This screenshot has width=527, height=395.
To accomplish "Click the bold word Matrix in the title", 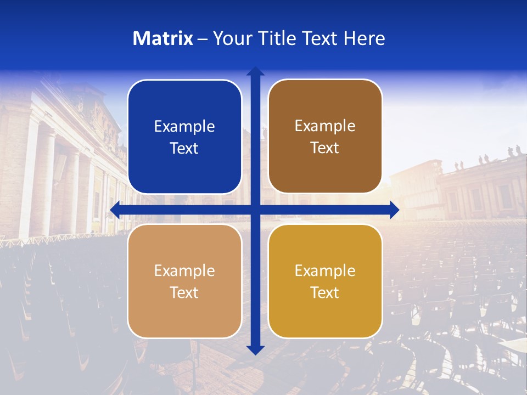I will [162, 38].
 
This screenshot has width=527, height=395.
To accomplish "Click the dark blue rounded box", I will [184, 110].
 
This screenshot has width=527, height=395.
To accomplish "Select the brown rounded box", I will [325, 110].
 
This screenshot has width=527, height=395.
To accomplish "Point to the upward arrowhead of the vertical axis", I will [255, 71].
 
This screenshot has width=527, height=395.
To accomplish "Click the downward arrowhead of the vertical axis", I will [255, 349].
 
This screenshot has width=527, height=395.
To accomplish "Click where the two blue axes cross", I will [255, 210].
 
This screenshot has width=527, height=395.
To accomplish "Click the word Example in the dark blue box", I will [184, 127].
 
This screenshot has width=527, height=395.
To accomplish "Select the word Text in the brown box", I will [325, 148].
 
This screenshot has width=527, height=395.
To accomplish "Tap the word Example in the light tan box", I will [184, 271].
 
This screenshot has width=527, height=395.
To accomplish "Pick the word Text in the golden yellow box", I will [325, 292].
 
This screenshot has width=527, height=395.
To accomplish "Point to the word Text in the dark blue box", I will [184, 148].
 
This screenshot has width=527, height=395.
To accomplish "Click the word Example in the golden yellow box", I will [325, 271].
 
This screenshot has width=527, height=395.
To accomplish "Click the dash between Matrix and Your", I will [203, 39].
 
